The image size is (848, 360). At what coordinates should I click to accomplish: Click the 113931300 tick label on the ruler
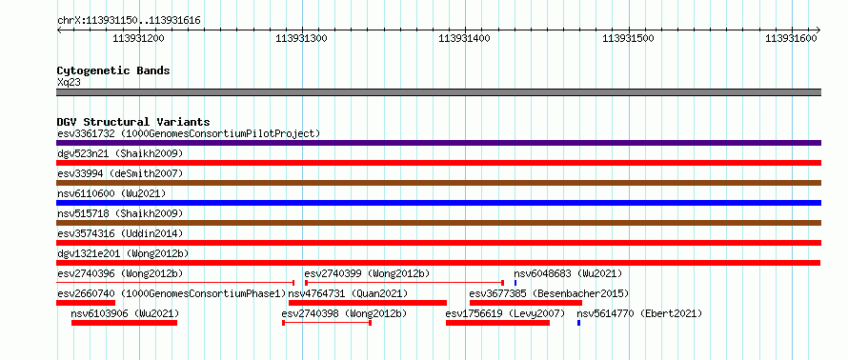click(301, 38)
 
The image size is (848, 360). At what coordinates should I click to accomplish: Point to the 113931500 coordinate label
click(628, 38)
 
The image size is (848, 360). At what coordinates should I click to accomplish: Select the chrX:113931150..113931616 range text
click(129, 21)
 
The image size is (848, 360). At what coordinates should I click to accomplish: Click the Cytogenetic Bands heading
click(113, 70)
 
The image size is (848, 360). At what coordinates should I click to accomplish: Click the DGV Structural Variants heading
click(133, 122)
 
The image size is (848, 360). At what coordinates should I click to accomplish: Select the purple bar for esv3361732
click(438, 143)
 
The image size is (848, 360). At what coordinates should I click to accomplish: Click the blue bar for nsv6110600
click(438, 203)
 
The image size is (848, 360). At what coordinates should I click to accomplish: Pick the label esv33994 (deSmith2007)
click(120, 173)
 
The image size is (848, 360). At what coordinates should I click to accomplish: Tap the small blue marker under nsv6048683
click(515, 283)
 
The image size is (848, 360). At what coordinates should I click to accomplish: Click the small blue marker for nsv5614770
click(578, 323)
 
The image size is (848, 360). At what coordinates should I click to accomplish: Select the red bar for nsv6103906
click(125, 323)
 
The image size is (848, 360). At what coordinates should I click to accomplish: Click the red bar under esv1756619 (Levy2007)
click(497, 323)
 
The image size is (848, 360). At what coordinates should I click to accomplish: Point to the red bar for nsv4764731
click(368, 303)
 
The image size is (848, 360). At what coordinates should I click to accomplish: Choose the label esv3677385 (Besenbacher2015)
click(549, 293)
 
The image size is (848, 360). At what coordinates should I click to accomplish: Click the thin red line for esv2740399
click(404, 283)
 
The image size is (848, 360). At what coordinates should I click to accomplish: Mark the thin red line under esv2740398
click(327, 323)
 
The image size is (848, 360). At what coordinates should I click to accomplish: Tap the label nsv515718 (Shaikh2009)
click(120, 213)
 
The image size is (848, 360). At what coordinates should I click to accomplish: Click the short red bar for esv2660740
click(86, 303)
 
